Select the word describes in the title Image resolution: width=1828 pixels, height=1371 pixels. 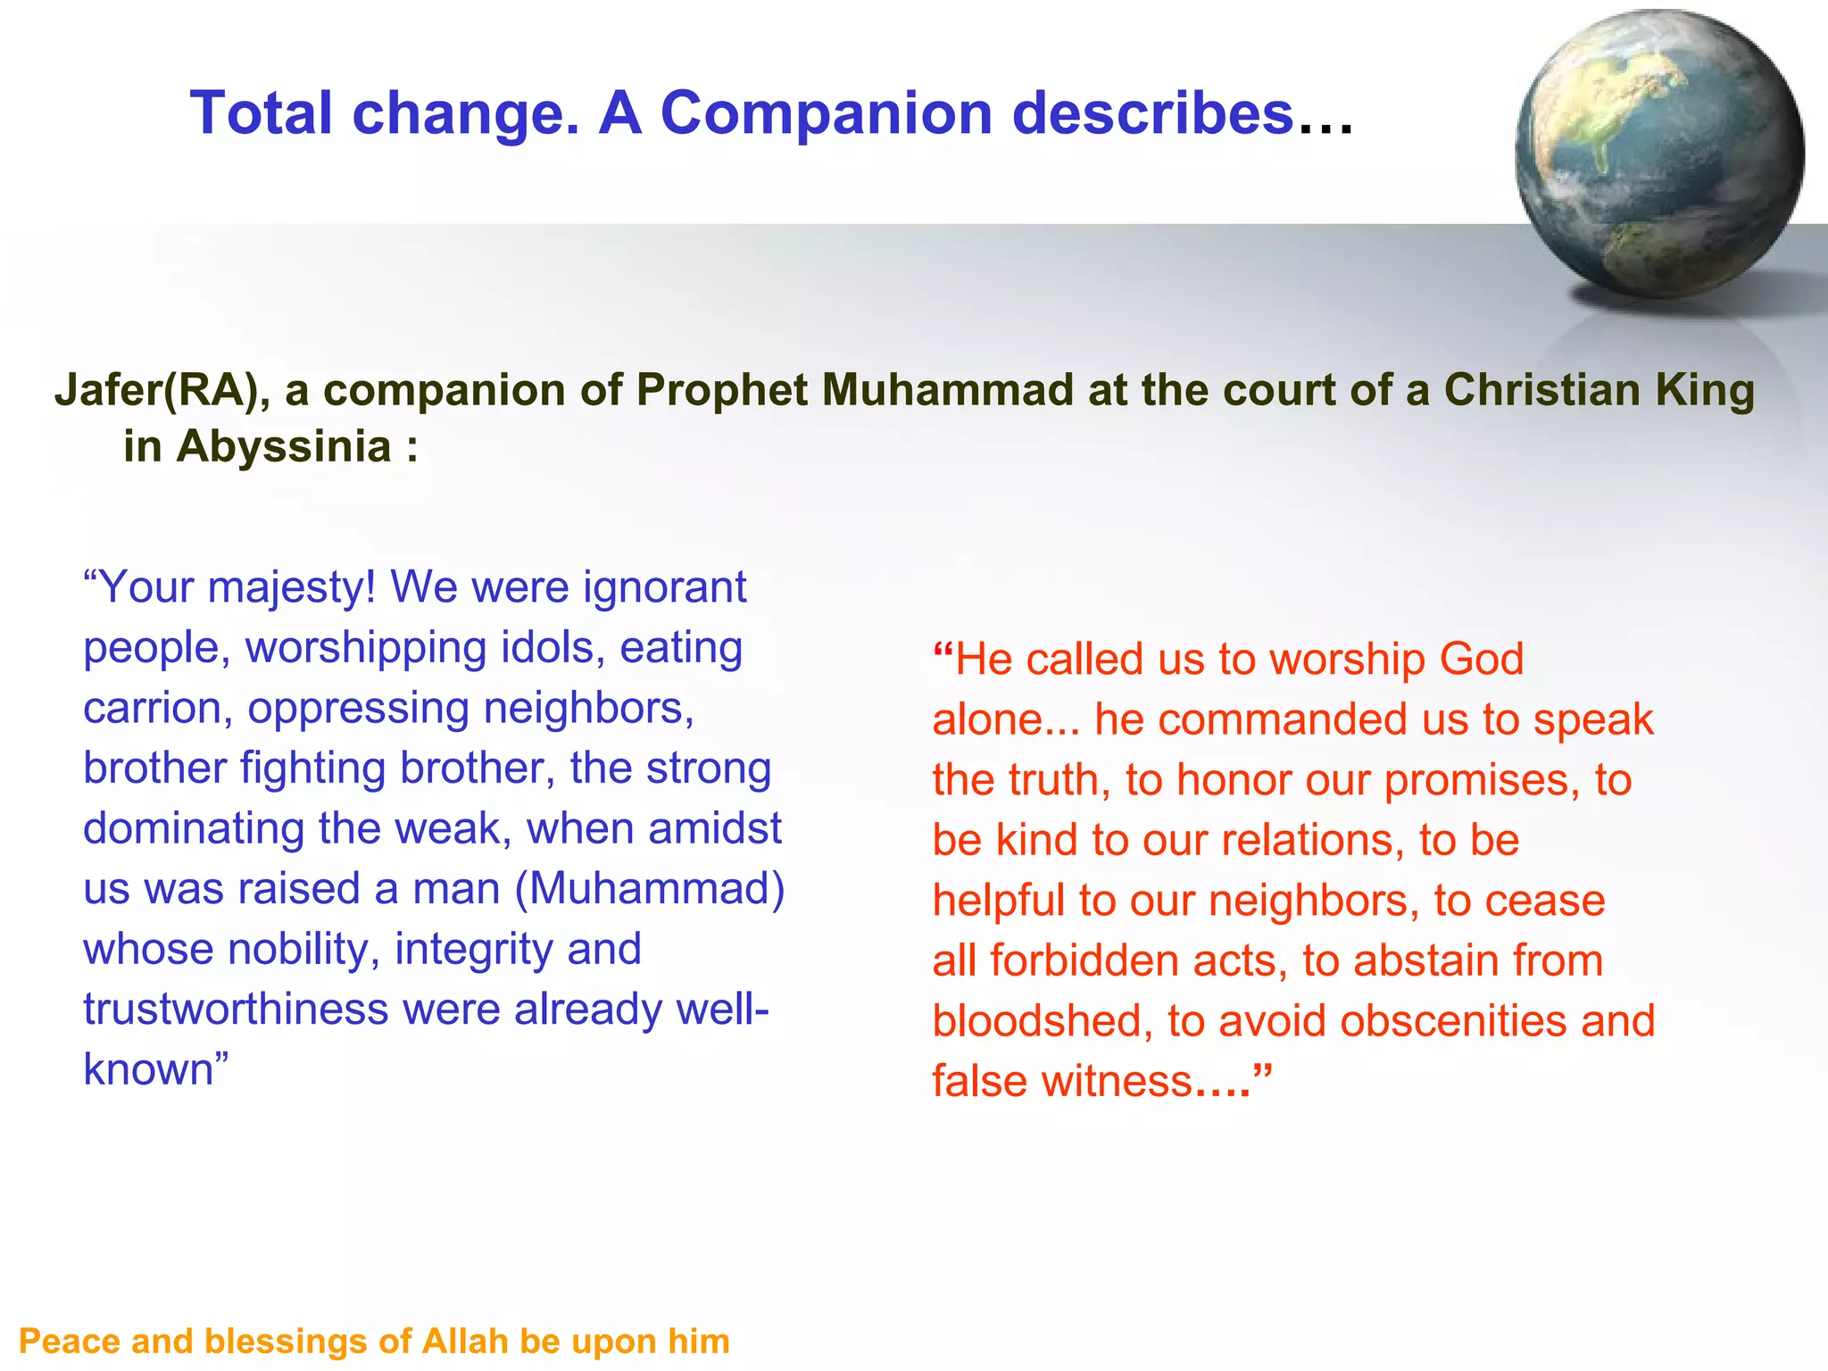1152,113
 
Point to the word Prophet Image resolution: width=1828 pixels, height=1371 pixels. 719,391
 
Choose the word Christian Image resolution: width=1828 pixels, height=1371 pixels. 1544,391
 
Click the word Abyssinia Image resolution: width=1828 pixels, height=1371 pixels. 284,446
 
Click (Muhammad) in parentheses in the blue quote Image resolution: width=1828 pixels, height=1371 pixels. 651,889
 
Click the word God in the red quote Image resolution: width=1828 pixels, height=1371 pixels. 1482,660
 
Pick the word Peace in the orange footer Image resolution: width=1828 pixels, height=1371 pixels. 69,1342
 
